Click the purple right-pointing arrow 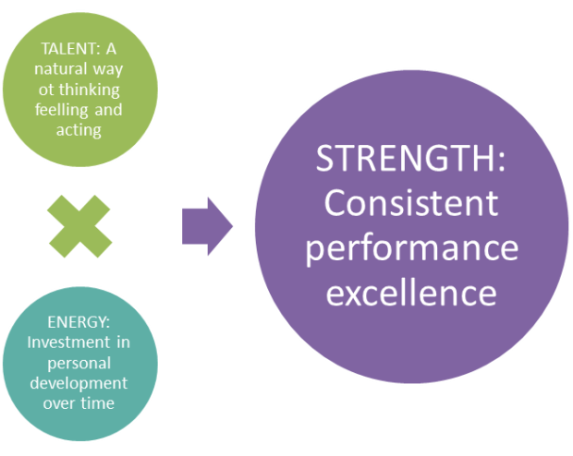[x=206, y=225]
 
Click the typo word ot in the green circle [x=45, y=90]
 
